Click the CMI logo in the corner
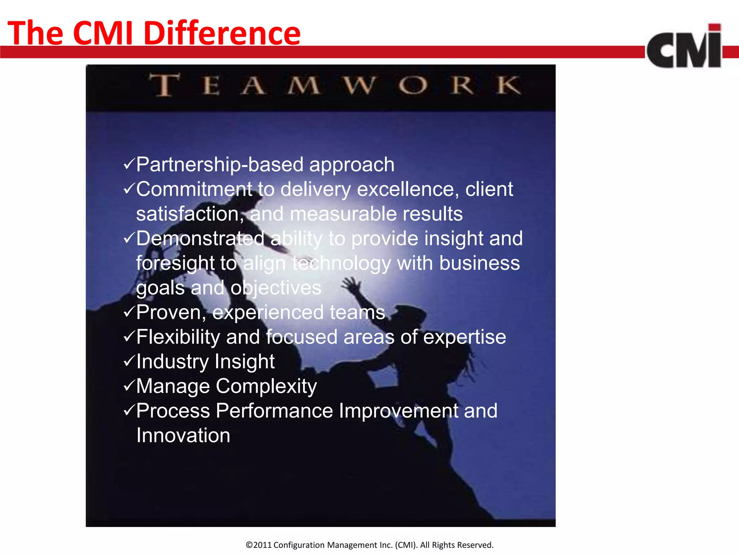pyautogui.click(x=684, y=47)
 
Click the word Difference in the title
pyautogui.click(x=222, y=33)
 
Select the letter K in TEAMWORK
pyautogui.click(x=508, y=85)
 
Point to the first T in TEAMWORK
pyautogui.click(x=165, y=85)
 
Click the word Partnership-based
pyautogui.click(x=220, y=165)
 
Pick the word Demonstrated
pyautogui.click(x=200, y=238)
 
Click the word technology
pyautogui.click(x=342, y=264)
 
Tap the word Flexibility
pyautogui.click(x=178, y=337)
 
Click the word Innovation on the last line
pyautogui.click(x=183, y=435)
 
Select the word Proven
pyautogui.click(x=170, y=312)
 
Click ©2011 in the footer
pyautogui.click(x=259, y=545)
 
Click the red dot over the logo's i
pyautogui.click(x=714, y=28)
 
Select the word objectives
pyautogui.click(x=276, y=288)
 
